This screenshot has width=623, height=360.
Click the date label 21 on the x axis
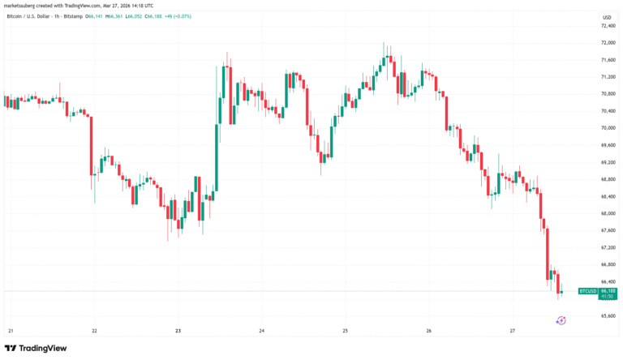click(11, 331)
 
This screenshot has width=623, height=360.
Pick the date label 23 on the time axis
click(178, 331)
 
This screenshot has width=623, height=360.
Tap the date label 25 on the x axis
click(345, 331)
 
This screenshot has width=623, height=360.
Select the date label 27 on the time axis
click(512, 331)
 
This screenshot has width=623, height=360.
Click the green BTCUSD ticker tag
click(587, 290)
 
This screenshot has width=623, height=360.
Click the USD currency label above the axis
click(606, 15)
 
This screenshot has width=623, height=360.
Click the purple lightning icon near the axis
click(561, 320)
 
